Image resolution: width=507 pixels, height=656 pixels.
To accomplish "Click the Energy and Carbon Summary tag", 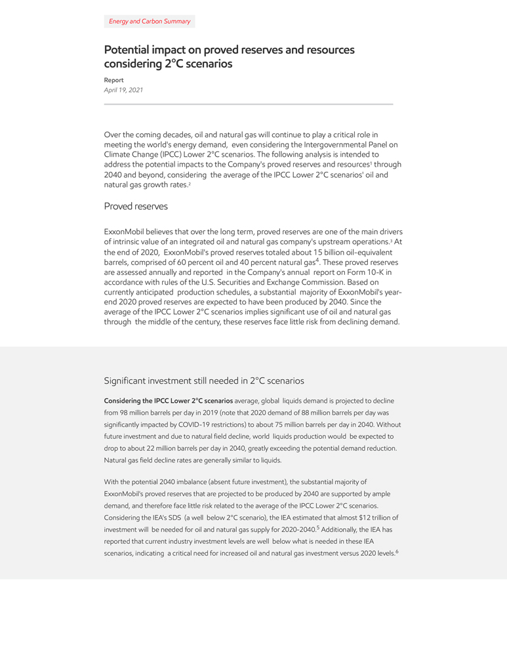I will (x=150, y=22).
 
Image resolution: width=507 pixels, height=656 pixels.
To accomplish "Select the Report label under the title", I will (x=113, y=80).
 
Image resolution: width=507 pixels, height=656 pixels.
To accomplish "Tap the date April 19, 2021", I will (x=123, y=90).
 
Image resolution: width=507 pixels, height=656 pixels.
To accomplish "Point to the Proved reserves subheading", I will (x=136, y=207).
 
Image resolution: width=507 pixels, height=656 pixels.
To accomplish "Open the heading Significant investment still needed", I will (x=203, y=380).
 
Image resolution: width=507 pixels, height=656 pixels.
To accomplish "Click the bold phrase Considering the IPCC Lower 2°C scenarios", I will (x=169, y=401).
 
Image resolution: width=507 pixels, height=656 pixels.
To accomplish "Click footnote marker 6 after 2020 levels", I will (x=397, y=552).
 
